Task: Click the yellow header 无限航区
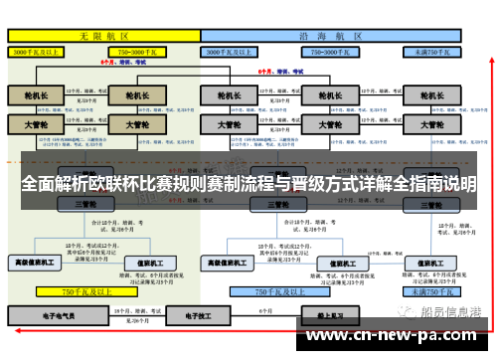pyautogui.click(x=99, y=34)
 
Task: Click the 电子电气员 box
pyautogui.click(x=61, y=316)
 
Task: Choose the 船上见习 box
pyautogui.click(x=293, y=316)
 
